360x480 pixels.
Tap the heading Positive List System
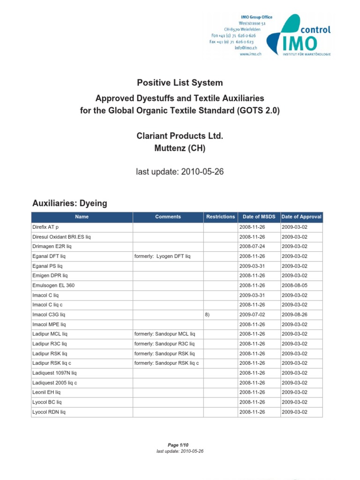(x=180, y=83)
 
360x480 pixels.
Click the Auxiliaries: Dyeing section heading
(x=70, y=203)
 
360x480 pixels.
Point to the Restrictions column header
(x=220, y=217)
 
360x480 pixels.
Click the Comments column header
(x=168, y=217)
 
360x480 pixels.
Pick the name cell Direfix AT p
(x=45, y=227)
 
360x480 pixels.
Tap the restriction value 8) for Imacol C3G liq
(x=208, y=315)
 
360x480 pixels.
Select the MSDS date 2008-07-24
(x=252, y=246)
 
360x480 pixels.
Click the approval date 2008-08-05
(x=294, y=285)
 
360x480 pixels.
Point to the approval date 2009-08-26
(x=294, y=315)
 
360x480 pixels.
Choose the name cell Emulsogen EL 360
(x=53, y=285)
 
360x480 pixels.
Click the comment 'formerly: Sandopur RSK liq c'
(x=166, y=363)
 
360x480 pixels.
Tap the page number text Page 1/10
(x=180, y=444)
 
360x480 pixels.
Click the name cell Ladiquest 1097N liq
(x=54, y=373)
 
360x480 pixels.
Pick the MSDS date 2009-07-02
(x=252, y=315)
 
